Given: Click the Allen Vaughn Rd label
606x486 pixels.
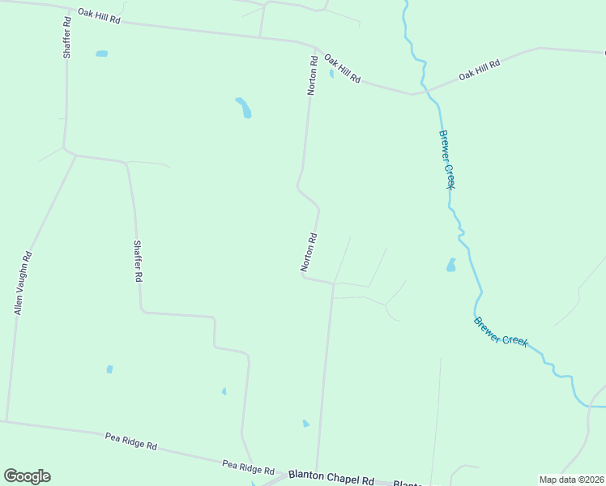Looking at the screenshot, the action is [x=23, y=283].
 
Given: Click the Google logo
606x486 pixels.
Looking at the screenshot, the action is [x=27, y=476].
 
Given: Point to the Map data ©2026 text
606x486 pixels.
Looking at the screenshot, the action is [x=570, y=480].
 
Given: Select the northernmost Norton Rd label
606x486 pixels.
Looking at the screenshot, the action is [x=312, y=75].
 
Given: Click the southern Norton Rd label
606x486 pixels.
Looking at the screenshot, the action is [x=309, y=252].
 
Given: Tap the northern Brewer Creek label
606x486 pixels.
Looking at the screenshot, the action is [x=446, y=160].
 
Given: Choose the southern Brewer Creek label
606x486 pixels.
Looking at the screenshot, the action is [x=501, y=332].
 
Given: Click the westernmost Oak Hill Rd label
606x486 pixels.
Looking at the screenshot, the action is [x=99, y=15].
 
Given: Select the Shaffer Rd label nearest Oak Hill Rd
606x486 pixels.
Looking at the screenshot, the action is [x=67, y=37].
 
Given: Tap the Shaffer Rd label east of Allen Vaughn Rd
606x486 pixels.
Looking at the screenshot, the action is [x=138, y=260].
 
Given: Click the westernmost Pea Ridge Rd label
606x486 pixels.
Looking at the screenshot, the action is [x=131, y=441].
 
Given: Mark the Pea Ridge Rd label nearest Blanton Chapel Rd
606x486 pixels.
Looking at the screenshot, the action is [x=248, y=468].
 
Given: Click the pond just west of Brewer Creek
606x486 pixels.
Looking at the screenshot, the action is [x=451, y=265].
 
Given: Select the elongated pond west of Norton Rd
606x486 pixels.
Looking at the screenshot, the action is [x=244, y=108].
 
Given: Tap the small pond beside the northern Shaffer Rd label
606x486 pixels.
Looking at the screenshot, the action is [x=101, y=54].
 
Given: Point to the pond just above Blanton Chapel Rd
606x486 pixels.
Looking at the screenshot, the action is [x=305, y=424].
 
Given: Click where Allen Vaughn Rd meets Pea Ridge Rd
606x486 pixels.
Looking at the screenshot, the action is [x=6, y=420].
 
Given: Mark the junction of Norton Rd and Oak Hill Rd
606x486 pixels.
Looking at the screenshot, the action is [x=315, y=48].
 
